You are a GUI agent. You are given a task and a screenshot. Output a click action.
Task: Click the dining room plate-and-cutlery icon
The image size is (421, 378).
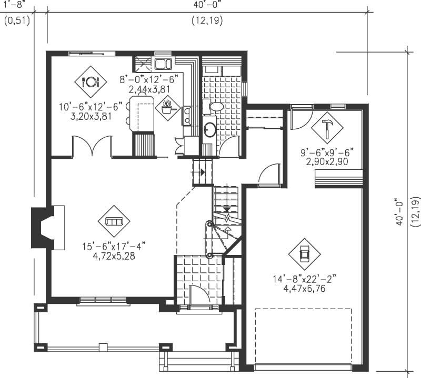pyautogui.click(x=91, y=82)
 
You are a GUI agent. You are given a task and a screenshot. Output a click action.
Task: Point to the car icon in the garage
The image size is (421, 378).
pyautogui.click(x=304, y=254)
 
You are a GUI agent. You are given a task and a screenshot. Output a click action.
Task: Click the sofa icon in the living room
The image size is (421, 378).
pyautogui.click(x=113, y=221)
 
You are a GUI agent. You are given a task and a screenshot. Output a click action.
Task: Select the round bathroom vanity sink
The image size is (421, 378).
pyautogui.click(x=209, y=129)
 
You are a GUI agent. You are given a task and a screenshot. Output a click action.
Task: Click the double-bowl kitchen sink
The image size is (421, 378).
pyautogui.click(x=163, y=65)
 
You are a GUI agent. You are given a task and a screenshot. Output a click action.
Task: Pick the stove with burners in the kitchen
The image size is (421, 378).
pyautogui.click(x=186, y=115)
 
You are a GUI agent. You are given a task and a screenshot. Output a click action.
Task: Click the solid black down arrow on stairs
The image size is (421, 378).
pyautogui.click(x=227, y=208)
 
